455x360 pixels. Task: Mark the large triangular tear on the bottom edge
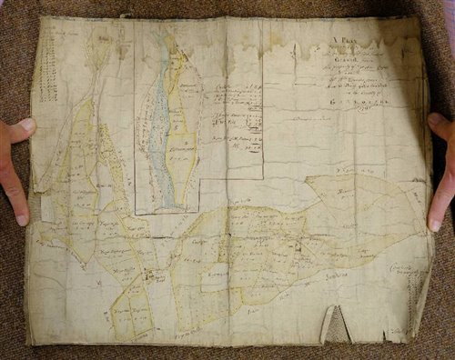pos(336,324)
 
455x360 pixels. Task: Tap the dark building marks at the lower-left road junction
pos(145,272)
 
